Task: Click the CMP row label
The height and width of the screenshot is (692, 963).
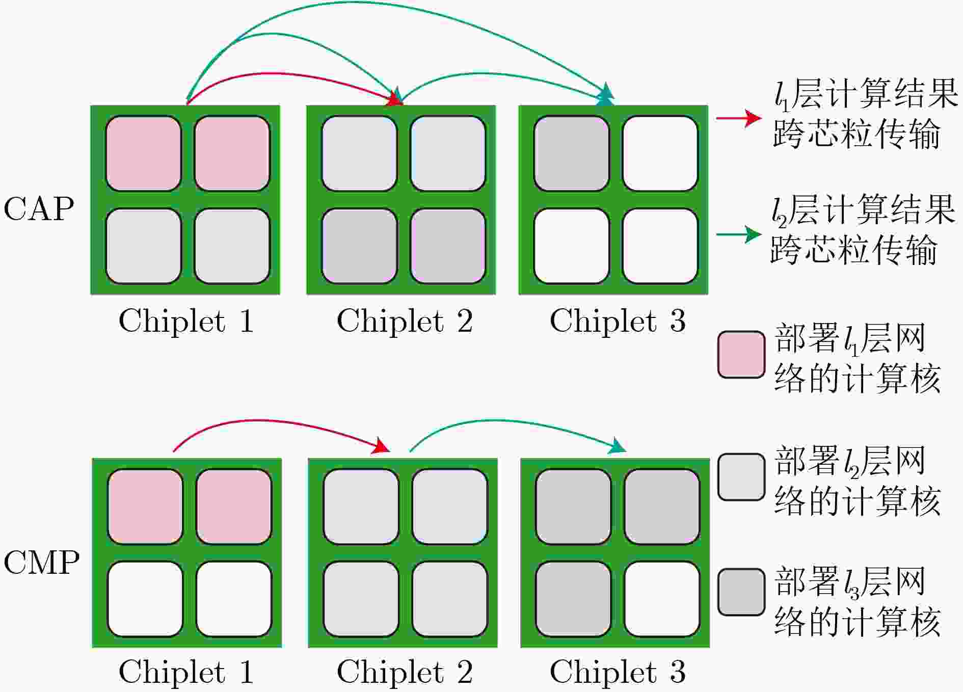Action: click(x=41, y=563)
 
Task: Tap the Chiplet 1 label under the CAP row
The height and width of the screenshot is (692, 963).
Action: click(x=186, y=321)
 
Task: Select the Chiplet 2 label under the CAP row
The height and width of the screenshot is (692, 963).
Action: click(x=405, y=321)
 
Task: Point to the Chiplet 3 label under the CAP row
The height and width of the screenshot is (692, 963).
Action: click(x=618, y=321)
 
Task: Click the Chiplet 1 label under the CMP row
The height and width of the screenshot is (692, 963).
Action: click(x=186, y=671)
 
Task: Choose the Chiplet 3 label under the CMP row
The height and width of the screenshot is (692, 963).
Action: click(x=618, y=671)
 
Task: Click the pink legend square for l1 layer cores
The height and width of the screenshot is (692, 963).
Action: click(x=741, y=355)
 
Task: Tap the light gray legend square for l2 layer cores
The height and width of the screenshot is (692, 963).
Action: click(x=741, y=477)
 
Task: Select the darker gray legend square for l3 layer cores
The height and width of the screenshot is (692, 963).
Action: click(x=741, y=592)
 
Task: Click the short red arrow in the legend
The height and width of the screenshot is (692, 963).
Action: click(x=739, y=118)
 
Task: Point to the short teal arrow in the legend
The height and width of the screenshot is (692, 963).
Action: click(x=739, y=234)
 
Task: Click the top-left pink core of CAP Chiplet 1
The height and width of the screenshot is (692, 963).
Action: click(x=144, y=153)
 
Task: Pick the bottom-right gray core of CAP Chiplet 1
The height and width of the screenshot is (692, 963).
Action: click(x=232, y=246)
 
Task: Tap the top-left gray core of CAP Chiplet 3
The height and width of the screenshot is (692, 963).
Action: click(x=572, y=153)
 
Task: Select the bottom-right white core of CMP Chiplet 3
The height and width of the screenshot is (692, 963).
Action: click(x=662, y=599)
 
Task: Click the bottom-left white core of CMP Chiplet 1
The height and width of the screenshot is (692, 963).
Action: click(x=145, y=599)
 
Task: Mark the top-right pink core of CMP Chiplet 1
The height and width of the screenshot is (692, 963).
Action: click(x=234, y=507)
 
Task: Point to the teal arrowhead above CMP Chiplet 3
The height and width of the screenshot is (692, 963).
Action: click(x=617, y=446)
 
